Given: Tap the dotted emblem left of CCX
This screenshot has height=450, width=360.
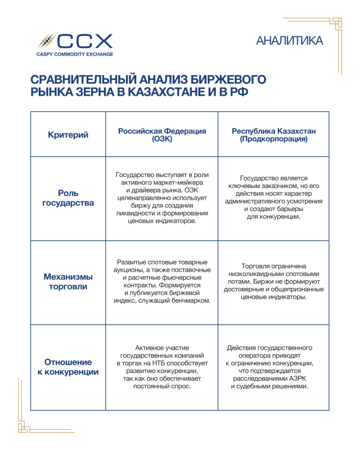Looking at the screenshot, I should [47, 41].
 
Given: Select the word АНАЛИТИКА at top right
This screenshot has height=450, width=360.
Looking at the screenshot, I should [289, 40].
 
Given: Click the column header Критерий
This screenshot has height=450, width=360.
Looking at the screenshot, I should [68, 134].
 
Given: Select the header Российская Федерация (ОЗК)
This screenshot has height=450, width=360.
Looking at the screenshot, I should [162, 134].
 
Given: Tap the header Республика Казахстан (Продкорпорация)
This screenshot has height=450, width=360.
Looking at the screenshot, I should [274, 134].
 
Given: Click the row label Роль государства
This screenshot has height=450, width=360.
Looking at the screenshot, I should [68, 198].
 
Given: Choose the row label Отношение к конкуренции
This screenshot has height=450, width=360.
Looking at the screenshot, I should [68, 367].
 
